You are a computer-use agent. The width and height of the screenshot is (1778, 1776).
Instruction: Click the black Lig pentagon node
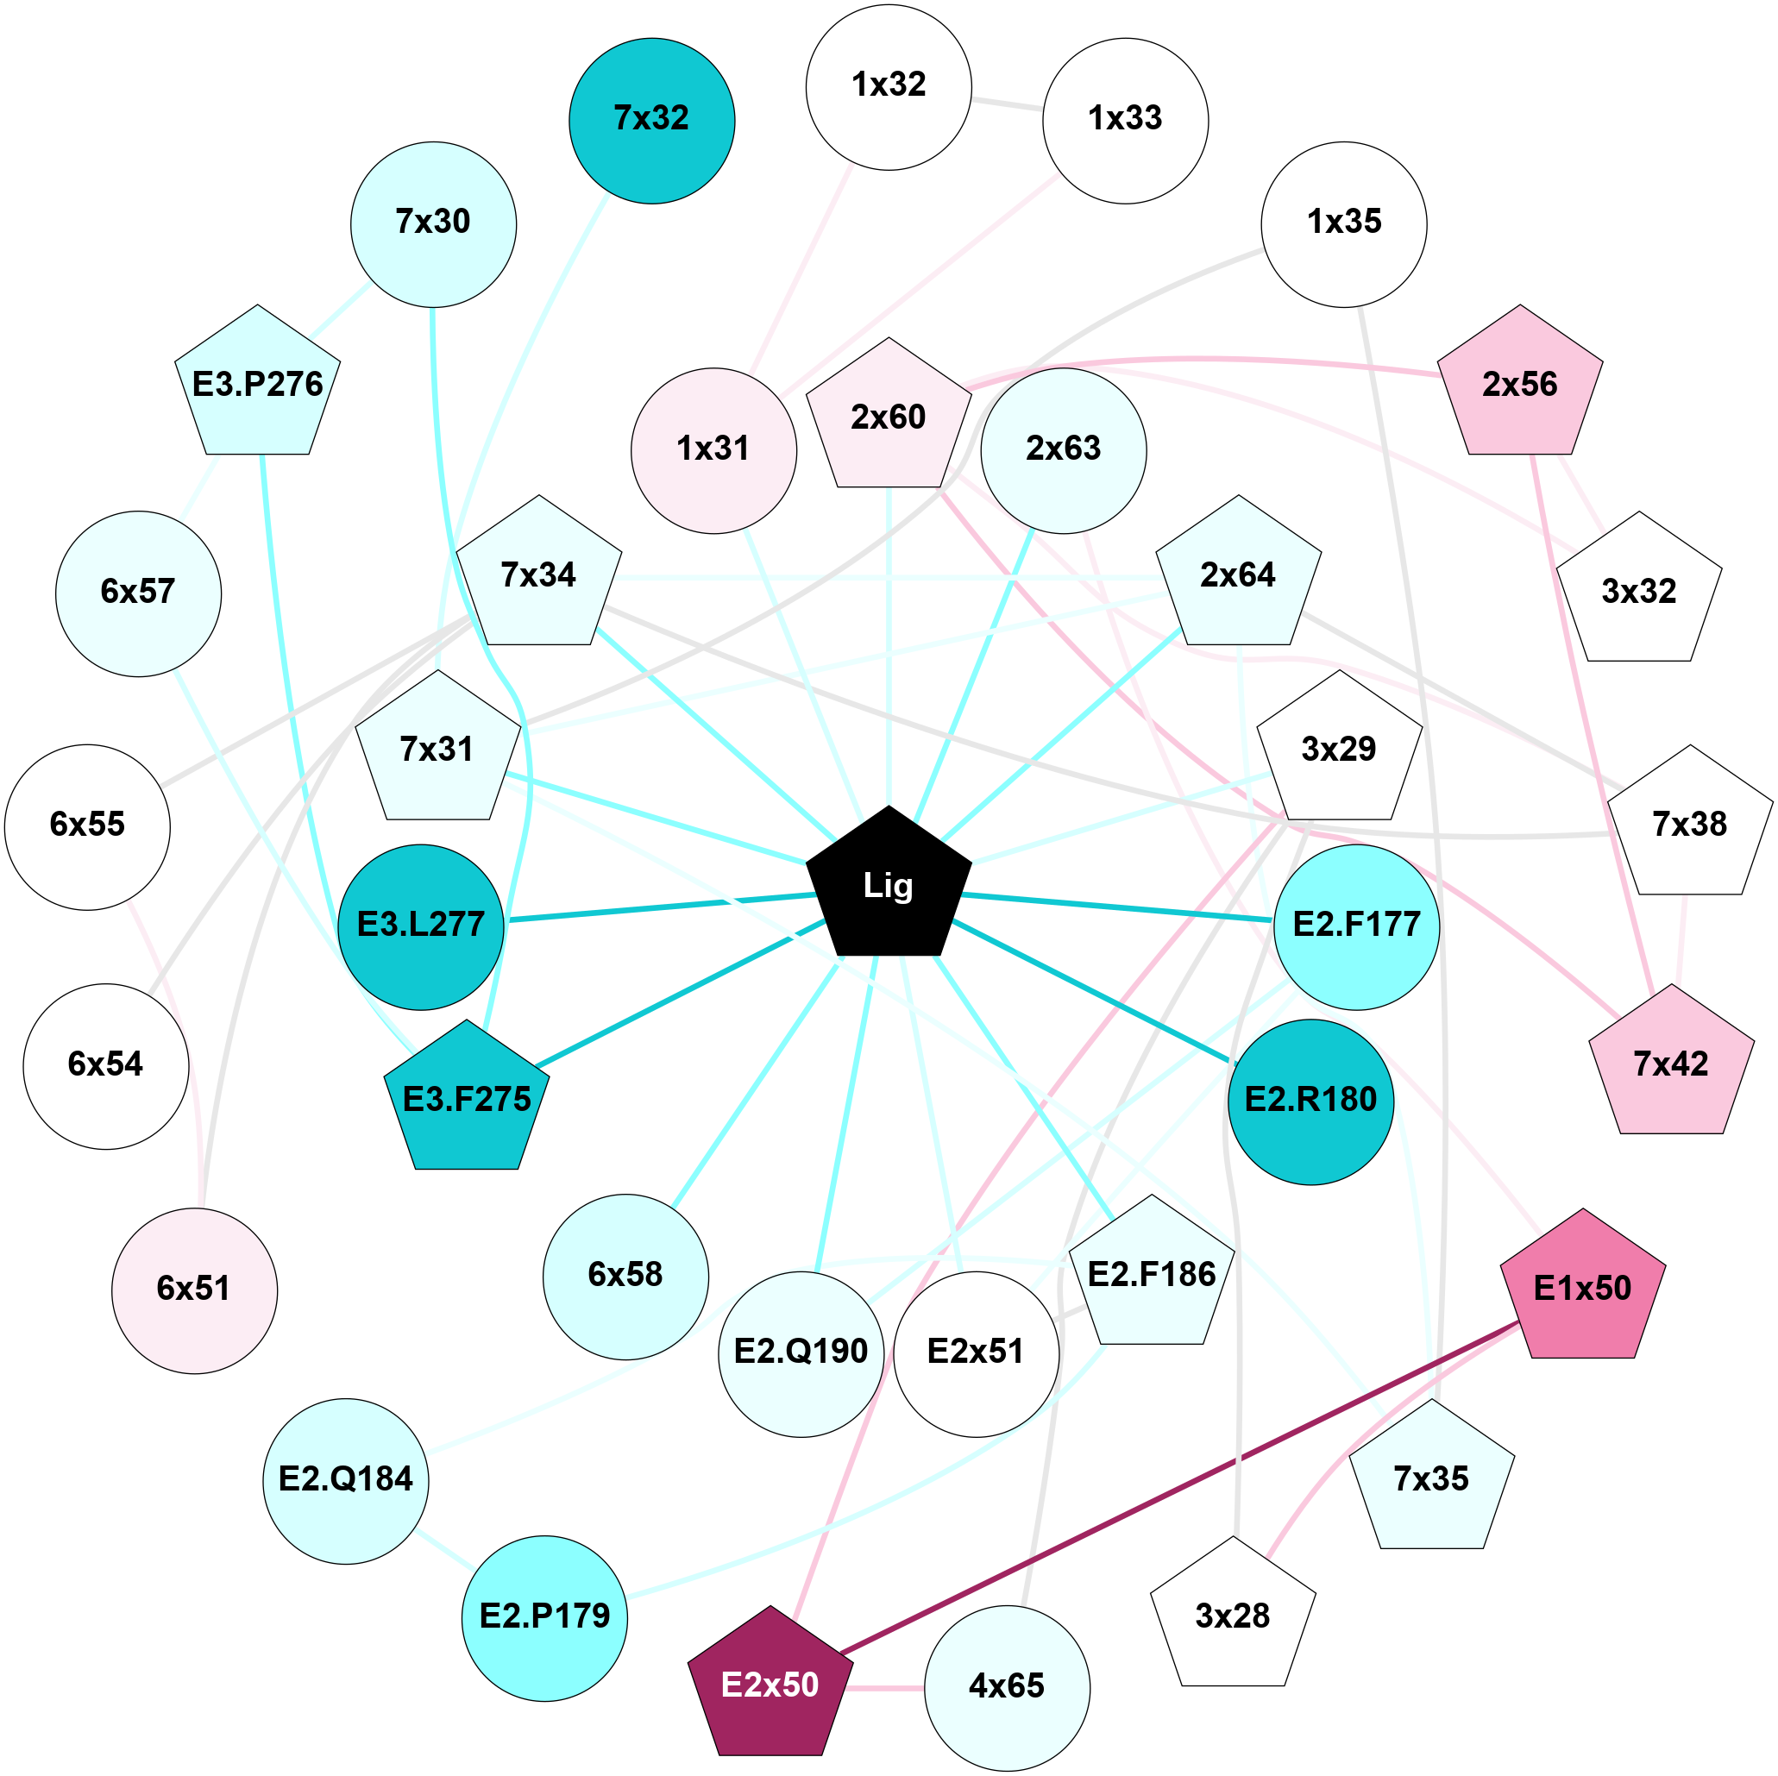coord(888,885)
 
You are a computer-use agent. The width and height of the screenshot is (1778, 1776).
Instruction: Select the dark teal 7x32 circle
coord(651,121)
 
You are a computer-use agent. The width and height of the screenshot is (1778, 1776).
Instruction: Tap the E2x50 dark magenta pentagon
coord(770,1685)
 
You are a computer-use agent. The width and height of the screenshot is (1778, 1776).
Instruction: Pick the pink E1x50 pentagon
coord(1582,1289)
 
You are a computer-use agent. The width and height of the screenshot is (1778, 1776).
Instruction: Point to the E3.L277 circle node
coord(421,926)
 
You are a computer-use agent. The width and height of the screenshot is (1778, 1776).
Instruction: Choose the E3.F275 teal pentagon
coord(467,1100)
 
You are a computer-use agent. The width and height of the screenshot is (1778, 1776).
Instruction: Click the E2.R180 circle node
coord(1310,1101)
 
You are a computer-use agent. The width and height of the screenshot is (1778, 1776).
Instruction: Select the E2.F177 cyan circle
coord(1355,926)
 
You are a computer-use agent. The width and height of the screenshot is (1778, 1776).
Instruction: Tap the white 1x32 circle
coord(888,87)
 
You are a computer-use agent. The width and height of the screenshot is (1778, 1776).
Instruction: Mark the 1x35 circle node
coord(1343,223)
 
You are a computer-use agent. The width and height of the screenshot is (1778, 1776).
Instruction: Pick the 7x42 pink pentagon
coord(1670,1064)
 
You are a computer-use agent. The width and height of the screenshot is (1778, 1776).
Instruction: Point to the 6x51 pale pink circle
coord(194,1290)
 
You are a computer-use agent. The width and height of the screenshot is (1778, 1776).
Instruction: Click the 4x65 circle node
coord(1007,1688)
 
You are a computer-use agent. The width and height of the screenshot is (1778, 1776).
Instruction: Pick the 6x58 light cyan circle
coord(625,1277)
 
